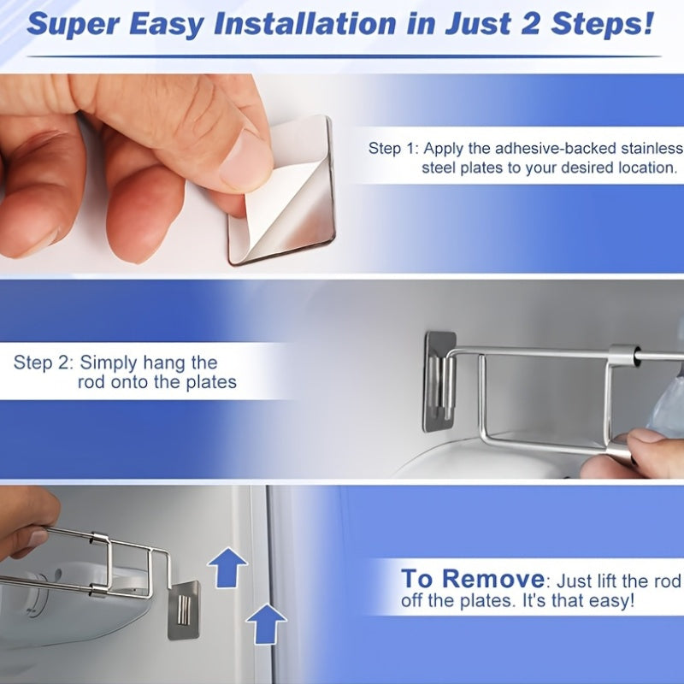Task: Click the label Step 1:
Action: pyautogui.click(x=393, y=148)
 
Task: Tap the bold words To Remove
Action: pyautogui.click(x=472, y=579)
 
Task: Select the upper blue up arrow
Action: pyautogui.click(x=227, y=567)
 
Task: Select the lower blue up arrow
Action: pyautogui.click(x=266, y=622)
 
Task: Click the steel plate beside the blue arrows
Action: pyautogui.click(x=183, y=610)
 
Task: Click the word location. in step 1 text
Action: pyautogui.click(x=647, y=168)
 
